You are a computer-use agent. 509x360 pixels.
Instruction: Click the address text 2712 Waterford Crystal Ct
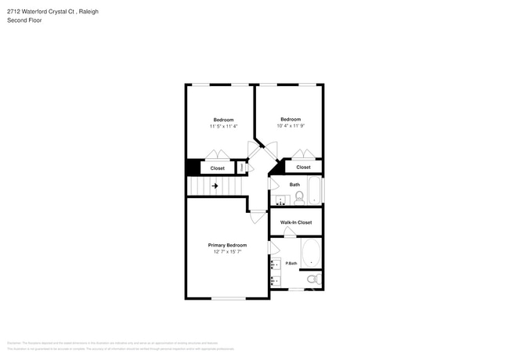click(53, 13)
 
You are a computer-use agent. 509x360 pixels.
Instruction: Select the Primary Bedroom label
click(227, 245)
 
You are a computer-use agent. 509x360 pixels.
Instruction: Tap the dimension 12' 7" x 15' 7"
click(227, 252)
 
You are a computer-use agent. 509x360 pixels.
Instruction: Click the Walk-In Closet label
click(296, 222)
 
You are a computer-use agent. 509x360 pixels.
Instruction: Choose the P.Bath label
click(291, 263)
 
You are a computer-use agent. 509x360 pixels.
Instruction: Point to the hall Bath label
click(294, 185)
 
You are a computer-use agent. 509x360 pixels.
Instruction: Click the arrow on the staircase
click(215, 186)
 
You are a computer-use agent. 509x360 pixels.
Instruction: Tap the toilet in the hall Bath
click(299, 197)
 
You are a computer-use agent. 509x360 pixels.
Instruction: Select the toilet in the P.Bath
click(312, 279)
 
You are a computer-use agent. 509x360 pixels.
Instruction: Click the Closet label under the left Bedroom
click(217, 168)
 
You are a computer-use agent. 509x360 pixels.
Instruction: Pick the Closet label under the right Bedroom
click(303, 167)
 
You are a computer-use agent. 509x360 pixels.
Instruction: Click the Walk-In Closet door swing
click(290, 232)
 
